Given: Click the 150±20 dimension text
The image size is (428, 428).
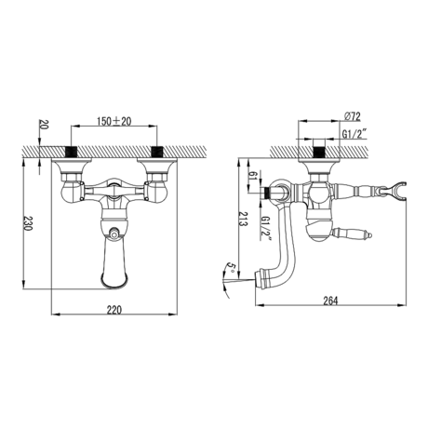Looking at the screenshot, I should click(115, 121).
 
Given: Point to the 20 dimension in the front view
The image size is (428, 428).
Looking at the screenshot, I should click(41, 126).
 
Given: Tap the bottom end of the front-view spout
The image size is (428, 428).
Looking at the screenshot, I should click(114, 283).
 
